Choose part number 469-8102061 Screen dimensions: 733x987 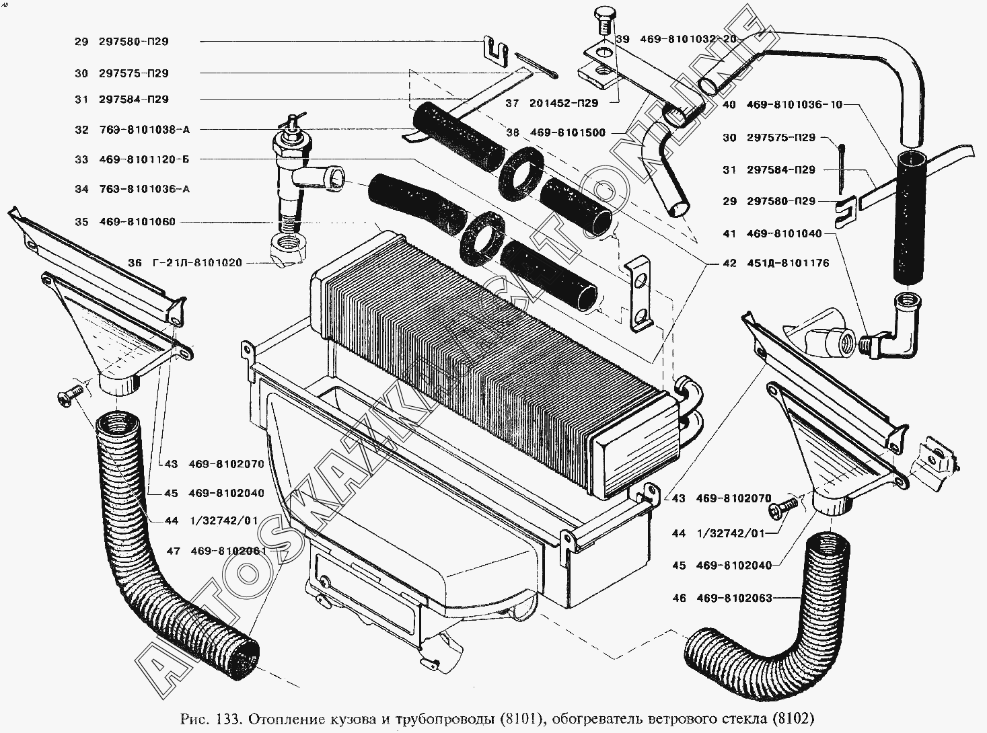[x=229, y=551]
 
